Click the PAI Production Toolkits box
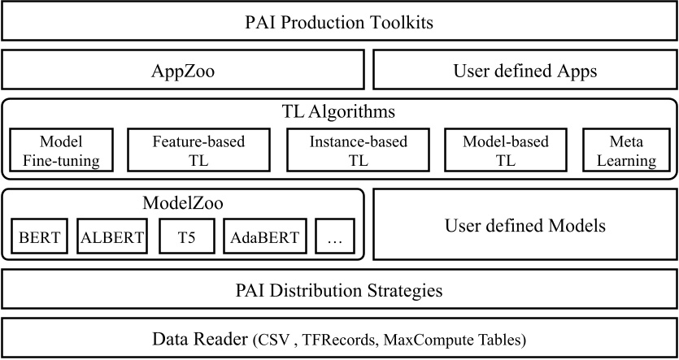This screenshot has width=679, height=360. [x=339, y=22]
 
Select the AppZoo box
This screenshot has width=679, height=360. [x=184, y=71]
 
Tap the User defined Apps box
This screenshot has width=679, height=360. [x=524, y=71]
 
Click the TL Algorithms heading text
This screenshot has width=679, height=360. [x=339, y=111]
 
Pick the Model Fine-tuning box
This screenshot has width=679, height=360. [x=62, y=151]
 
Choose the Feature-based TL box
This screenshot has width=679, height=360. [x=198, y=151]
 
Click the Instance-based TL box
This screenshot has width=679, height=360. [x=358, y=151]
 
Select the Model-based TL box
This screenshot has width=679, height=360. [x=506, y=151]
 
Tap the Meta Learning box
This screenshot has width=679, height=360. [x=626, y=151]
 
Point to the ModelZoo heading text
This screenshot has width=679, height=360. [x=183, y=202]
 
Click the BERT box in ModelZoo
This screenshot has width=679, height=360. [x=40, y=238]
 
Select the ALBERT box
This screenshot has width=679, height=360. [x=112, y=238]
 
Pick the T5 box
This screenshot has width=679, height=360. [x=187, y=238]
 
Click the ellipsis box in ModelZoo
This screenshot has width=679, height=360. [x=335, y=238]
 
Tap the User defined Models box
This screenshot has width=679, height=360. [x=524, y=225]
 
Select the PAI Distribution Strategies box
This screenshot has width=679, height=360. [x=339, y=290]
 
